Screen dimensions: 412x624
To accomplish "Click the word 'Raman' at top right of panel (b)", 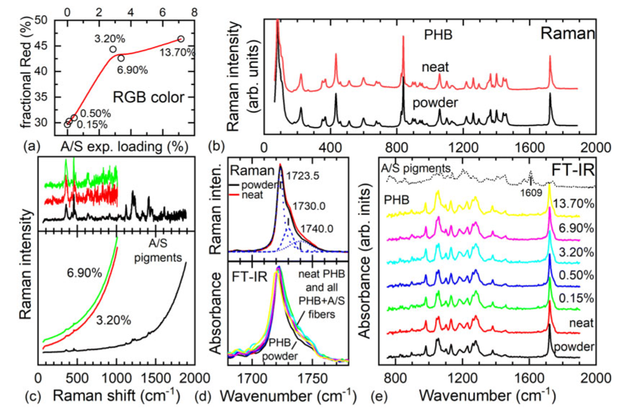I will (x=568, y=33).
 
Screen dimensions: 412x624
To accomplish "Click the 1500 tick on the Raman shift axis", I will (x=153, y=377).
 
